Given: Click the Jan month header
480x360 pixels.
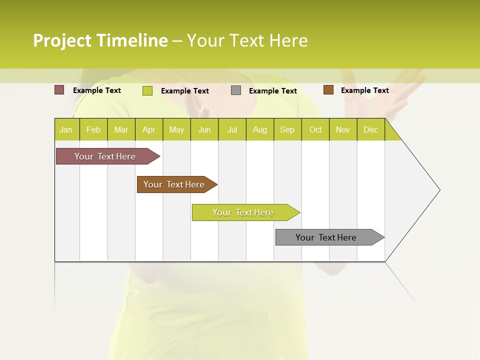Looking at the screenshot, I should [x=66, y=129].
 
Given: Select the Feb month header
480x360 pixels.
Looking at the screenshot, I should [x=93, y=129].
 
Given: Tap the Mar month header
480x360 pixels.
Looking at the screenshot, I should [x=121, y=129].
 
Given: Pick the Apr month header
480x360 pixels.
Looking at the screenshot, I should [x=149, y=129].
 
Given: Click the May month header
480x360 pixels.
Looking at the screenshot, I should [x=176, y=129].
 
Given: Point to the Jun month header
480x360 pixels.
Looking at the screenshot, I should [x=204, y=129].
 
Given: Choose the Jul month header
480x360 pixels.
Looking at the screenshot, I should [x=232, y=129].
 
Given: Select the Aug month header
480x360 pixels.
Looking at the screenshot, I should [x=260, y=129].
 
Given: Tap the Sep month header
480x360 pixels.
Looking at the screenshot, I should [x=287, y=129].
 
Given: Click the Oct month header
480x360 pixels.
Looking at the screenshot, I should [x=315, y=129].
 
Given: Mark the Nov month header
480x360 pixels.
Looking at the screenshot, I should [x=343, y=129].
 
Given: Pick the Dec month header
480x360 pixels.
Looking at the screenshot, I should [x=371, y=129].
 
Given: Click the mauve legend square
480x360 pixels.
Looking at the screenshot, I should [x=59, y=90].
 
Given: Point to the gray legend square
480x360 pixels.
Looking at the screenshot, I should [x=236, y=90].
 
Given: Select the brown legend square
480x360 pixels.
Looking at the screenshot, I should [x=328, y=90].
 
